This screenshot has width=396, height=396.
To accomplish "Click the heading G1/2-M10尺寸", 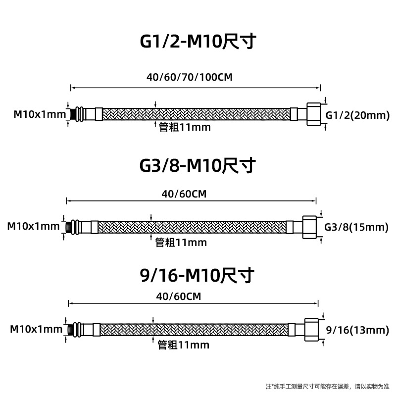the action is pos(198,42).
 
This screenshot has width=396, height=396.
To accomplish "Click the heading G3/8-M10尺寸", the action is pos(198,165).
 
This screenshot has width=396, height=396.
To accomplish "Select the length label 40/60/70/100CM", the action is pos(190,78).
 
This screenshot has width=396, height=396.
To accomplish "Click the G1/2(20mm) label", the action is pos(358,116).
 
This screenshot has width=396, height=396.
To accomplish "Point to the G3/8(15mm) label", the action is pos(356,227).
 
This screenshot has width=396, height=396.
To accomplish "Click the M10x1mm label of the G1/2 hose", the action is pos(40,115).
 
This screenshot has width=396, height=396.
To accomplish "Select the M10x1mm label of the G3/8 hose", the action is pos(33,227).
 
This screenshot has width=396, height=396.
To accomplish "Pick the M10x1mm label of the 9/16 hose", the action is pos(36,329).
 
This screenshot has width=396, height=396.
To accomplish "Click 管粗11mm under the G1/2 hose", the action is pos(185,128).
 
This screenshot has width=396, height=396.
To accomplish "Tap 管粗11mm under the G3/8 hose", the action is pos(181,243).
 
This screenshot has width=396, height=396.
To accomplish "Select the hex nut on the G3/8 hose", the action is pos(310,227).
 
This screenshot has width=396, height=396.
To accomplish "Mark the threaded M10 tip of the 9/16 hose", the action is pos(73,329).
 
